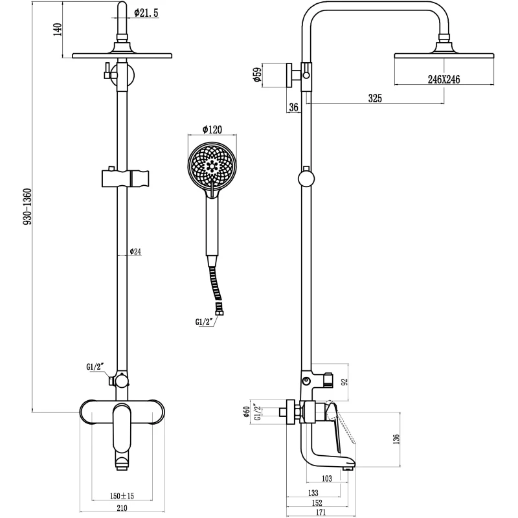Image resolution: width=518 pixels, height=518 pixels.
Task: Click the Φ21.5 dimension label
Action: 147,12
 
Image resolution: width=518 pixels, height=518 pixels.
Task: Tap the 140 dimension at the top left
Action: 57,30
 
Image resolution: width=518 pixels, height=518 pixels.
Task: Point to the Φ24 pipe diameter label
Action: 136,251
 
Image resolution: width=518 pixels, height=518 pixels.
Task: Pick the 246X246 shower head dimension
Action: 444,79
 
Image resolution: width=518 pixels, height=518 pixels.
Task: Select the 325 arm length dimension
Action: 375,99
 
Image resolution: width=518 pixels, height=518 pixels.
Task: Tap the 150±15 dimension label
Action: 122,496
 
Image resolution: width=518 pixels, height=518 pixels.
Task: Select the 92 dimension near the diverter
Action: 344,382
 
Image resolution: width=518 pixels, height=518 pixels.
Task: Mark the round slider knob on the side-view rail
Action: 306,179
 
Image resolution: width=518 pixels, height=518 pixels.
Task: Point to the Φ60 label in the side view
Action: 247,412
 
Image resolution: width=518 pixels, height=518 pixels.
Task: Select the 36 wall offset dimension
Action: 293,107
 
